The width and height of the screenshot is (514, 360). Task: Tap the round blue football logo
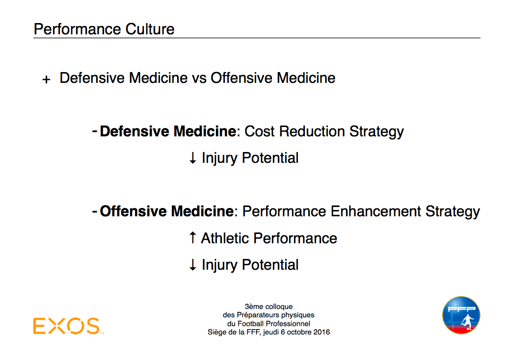click(x=461, y=315)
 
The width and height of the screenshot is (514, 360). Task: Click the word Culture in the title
click(x=150, y=29)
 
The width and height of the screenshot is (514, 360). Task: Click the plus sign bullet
click(x=46, y=79)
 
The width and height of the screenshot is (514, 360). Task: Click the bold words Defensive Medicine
click(x=168, y=131)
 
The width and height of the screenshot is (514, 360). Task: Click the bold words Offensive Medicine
click(x=167, y=211)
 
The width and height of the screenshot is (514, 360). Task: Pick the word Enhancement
click(x=376, y=211)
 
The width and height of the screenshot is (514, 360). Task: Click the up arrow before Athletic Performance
click(x=193, y=237)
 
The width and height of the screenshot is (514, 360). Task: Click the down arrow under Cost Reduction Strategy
click(x=193, y=158)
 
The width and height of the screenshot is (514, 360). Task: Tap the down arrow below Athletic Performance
click(x=193, y=265)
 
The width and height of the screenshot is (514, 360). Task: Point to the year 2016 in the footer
click(x=321, y=332)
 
